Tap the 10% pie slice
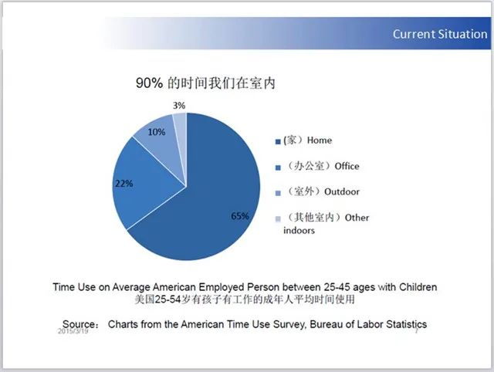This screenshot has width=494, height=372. pos(158,139)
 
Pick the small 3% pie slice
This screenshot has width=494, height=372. pos(180,123)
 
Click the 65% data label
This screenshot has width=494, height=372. pos(240,216)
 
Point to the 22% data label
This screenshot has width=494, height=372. pos(123,184)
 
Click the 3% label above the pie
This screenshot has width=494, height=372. pos(178,104)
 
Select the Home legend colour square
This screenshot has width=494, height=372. pos(278,141)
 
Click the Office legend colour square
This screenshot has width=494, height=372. pos(278,167)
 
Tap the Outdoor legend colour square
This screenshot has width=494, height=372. pos(278,192)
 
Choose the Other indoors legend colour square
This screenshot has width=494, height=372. pos(278,218)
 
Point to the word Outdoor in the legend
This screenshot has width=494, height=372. pos(343,191)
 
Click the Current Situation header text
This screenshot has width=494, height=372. pos(439,34)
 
